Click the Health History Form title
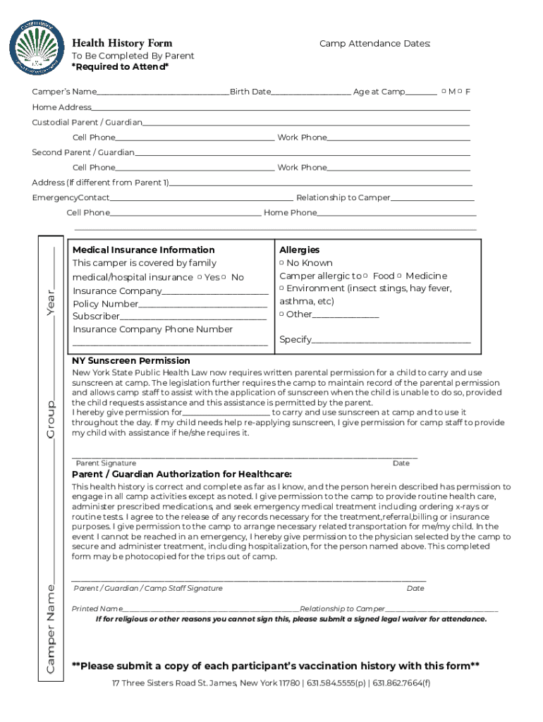(121, 44)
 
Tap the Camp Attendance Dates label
(374, 44)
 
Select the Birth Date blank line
(311, 92)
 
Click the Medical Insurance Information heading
(143, 250)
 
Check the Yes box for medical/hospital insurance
(200, 277)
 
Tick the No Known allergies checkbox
(282, 263)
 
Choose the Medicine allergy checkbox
(399, 276)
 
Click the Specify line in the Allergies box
(391, 341)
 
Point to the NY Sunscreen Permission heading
(131, 360)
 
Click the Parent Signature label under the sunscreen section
(106, 463)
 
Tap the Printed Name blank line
(209, 609)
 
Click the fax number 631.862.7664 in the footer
(401, 683)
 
